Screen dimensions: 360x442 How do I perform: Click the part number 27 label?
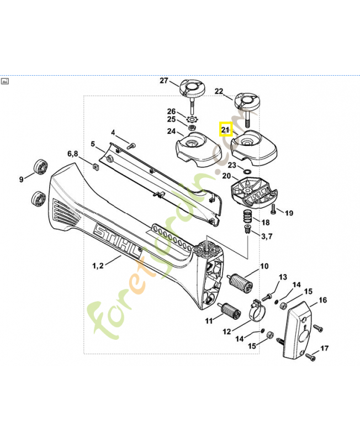[163, 81]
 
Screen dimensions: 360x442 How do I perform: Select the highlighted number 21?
[225, 130]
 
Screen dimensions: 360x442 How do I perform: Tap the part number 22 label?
[219, 91]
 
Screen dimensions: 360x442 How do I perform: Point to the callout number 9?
[22, 178]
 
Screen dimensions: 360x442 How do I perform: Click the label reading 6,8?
[73, 153]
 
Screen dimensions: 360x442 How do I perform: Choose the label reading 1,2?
[97, 266]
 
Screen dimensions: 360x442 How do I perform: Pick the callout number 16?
[322, 300]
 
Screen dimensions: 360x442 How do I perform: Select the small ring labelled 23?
[247, 172]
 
